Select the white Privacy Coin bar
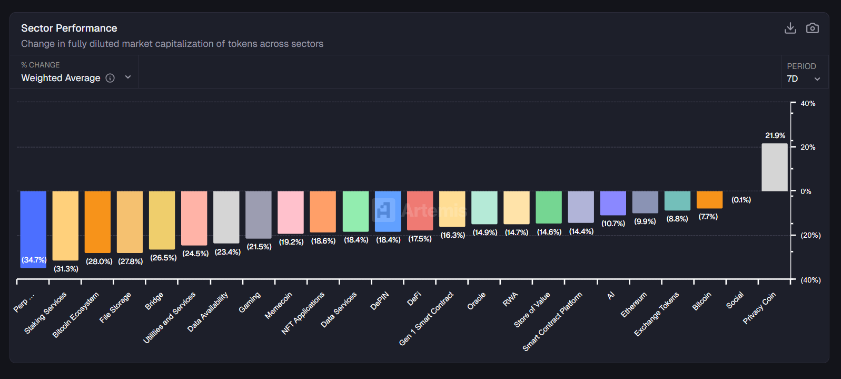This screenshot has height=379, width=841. [774, 168]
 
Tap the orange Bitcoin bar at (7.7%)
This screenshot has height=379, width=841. [709, 199]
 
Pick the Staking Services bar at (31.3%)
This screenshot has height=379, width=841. [65, 225]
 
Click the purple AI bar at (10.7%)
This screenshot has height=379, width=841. [613, 203]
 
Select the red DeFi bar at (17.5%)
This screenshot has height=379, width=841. [420, 210]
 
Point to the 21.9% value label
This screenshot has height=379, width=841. [775, 135]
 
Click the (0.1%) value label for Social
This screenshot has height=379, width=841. [741, 200]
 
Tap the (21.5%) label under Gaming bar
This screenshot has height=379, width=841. [259, 247]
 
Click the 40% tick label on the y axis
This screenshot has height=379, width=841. [808, 103]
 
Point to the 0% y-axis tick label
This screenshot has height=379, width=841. [806, 191]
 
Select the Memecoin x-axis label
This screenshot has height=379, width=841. [279, 306]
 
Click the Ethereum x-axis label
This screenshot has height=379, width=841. [634, 305]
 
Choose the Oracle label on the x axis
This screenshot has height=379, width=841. [477, 301]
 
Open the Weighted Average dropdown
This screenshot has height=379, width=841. [76, 78]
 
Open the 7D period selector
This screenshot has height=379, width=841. [803, 79]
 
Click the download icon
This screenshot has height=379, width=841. [790, 28]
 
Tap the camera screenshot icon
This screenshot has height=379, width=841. [812, 28]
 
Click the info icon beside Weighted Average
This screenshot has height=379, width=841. [110, 78]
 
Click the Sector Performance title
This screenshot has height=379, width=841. [69, 28]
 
